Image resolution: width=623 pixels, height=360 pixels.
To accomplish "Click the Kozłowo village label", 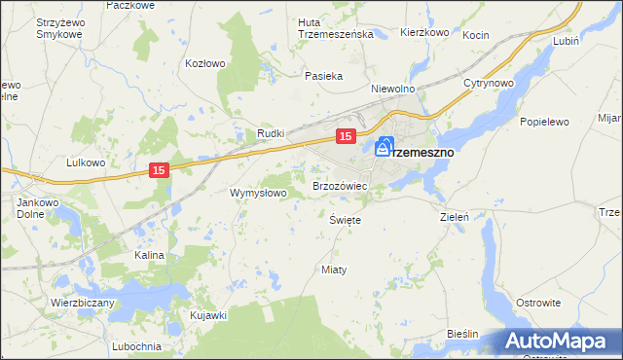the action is tap(204, 63).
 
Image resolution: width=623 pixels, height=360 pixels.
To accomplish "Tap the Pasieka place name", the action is tap(322, 76).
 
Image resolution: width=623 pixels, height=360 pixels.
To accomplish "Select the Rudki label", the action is tap(270, 133).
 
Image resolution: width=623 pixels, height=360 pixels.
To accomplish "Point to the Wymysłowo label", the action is tap(258, 193).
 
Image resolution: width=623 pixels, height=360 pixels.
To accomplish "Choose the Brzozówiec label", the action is tap(339, 185).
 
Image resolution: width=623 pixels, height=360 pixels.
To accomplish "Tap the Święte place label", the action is tap(346, 220).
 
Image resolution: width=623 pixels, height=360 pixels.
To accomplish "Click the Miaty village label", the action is tap(334, 269).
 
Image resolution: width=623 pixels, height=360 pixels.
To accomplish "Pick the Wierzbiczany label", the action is tap(83, 303).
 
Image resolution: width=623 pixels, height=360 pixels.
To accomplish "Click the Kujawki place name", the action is tap(208, 315).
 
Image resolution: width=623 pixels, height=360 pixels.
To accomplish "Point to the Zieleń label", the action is tap(456, 217).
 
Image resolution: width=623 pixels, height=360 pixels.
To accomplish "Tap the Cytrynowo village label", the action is tap(488, 84).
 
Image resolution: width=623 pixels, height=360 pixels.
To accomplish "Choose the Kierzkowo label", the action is tap(423, 32).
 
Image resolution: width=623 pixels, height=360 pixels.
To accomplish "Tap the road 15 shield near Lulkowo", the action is tap(161, 170).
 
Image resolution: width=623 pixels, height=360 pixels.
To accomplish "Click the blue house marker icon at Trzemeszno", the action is tap(385, 147).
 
